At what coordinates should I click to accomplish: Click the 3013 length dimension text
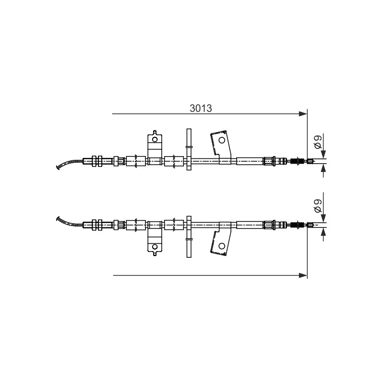(x=201, y=108)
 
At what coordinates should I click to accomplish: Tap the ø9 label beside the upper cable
(x=318, y=143)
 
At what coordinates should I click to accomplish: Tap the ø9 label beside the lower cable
(x=318, y=206)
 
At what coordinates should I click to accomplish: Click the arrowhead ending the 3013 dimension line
(x=303, y=114)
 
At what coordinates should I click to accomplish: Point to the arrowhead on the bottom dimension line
(x=303, y=275)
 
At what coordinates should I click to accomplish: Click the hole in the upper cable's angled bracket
(x=222, y=140)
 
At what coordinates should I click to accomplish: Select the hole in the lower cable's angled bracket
(x=222, y=246)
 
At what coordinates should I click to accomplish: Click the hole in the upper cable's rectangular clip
(x=155, y=140)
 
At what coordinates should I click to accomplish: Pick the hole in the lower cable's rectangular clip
(x=155, y=246)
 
